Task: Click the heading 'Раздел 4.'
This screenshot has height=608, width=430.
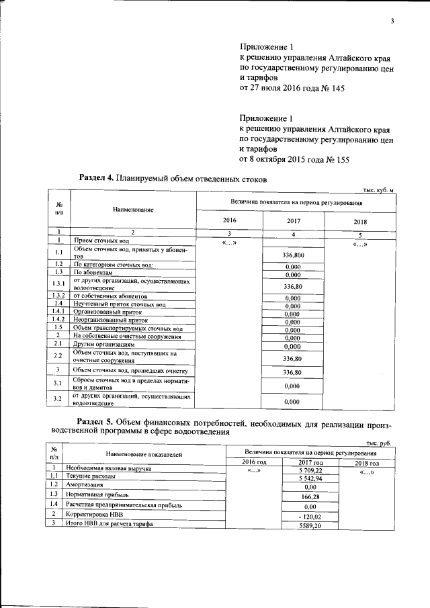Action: pos(97,179)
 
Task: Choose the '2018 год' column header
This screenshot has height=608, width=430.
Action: pos(366,464)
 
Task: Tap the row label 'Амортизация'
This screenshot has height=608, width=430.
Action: pos(84,484)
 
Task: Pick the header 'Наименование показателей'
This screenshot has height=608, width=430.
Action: pos(144,455)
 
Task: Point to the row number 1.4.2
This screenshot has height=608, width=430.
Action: pos(58,320)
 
